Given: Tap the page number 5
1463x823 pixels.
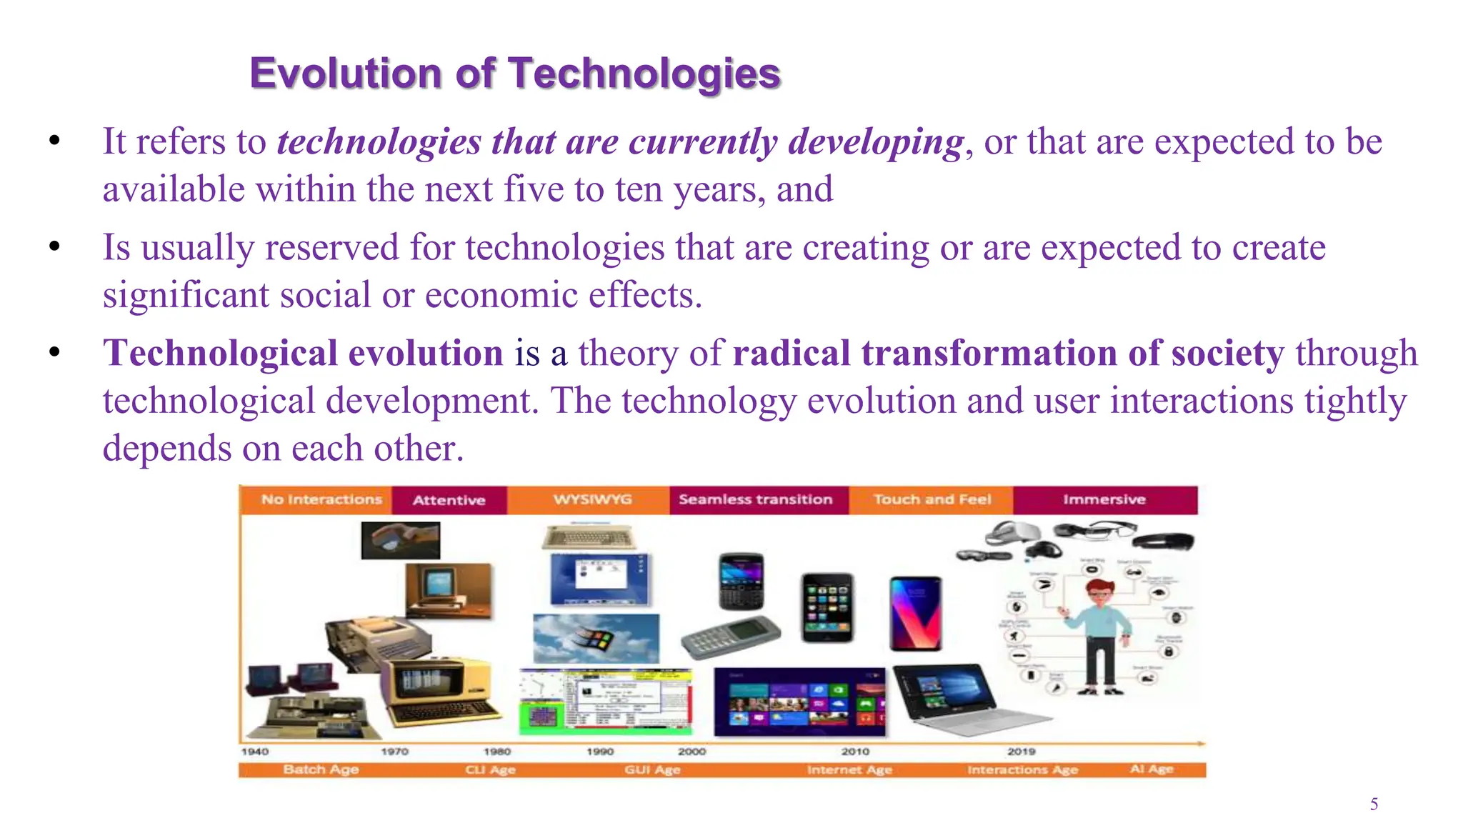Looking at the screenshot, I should pos(1374,804).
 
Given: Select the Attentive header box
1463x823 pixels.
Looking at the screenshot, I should pos(449,500).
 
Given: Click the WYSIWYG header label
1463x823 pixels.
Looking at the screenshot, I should pos(592,499).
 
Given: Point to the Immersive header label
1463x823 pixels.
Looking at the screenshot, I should pos(1104,499).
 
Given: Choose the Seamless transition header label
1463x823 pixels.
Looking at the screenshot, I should pos(755,499).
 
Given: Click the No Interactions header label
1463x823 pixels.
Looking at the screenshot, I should pos(321,499).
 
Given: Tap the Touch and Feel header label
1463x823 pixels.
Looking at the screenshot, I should pos(932,499).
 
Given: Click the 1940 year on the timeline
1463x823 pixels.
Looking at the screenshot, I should pos(255,752).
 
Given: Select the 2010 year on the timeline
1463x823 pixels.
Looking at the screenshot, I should pos(855,752).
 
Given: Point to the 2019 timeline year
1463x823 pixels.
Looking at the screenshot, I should pos(1021,752).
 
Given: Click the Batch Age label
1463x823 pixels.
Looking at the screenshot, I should pos(321,769).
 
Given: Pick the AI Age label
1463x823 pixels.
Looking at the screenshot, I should pos(1152,769).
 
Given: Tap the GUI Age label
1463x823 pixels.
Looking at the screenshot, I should pos(652,769).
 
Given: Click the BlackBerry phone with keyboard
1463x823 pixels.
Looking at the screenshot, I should pos(741,580).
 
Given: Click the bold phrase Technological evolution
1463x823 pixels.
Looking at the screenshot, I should pos(303,353).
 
